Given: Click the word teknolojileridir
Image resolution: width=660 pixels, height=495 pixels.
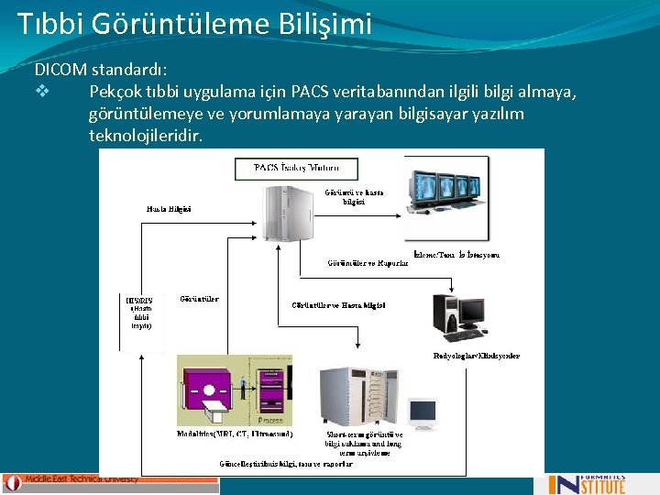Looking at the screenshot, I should pos(146,135).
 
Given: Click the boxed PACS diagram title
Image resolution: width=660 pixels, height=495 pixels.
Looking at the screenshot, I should pos(295,169).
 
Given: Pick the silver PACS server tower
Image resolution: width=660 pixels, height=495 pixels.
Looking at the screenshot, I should pos(285,215).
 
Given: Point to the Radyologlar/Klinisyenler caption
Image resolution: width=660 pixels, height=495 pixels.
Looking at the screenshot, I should pos(477,356).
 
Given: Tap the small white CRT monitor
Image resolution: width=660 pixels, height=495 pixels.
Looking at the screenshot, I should pos(423,414).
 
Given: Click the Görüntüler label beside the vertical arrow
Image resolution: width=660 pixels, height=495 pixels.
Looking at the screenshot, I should pos(199,299).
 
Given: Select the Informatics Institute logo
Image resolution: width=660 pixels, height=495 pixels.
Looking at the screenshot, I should pos(587,483).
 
